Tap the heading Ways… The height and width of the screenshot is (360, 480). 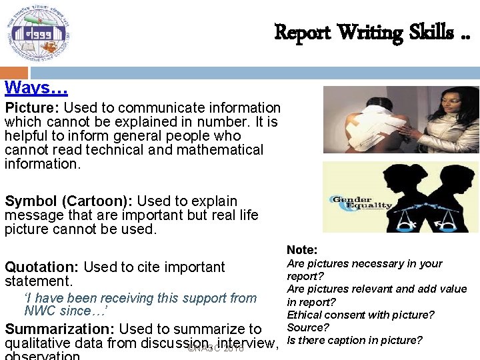pos(36,87)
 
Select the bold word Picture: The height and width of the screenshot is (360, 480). pos(32,108)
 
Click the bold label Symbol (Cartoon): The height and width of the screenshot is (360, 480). pos(59,201)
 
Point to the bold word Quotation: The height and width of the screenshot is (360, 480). pos(41,267)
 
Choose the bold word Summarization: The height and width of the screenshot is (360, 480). pos(59,329)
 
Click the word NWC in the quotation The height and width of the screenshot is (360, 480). pos(41,311)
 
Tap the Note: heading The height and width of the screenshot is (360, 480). pos(302,250)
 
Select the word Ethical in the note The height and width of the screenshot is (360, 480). pos(303,315)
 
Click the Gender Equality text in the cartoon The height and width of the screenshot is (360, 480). pos(361,202)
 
